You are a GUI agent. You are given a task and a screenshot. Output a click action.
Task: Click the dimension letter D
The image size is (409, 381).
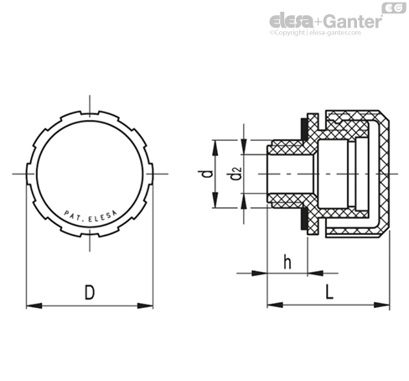(x=90, y=292)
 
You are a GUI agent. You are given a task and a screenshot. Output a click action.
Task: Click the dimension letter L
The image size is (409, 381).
(x=329, y=292)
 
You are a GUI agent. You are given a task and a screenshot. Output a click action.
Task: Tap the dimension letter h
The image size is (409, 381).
(x=287, y=262)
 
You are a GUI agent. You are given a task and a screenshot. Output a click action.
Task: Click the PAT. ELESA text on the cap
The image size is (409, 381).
(x=91, y=217)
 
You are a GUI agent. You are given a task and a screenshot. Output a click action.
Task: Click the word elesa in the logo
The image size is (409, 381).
(x=291, y=20)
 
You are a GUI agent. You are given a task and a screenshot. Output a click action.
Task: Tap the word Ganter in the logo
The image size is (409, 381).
(x=354, y=21)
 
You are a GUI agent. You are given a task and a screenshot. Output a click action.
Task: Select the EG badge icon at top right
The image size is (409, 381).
(x=394, y=8)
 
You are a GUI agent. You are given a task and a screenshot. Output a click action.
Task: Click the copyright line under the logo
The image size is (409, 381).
(x=315, y=33)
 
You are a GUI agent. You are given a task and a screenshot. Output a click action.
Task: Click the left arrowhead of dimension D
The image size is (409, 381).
(x=34, y=305)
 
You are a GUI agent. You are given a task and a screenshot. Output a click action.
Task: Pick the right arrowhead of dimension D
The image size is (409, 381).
(x=145, y=305)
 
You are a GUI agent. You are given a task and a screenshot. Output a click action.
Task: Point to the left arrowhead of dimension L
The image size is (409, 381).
(x=275, y=305)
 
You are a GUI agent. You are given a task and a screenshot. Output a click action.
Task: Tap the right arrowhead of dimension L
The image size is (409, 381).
(x=381, y=305)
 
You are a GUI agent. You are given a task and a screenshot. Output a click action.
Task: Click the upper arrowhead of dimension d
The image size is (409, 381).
(x=215, y=148)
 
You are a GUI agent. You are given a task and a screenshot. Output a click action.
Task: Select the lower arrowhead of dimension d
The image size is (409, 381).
(x=215, y=200)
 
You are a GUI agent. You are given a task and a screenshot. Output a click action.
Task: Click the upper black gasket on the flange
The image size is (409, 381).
(x=303, y=129)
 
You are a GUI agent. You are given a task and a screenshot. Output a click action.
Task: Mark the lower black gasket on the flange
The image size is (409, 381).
(x=303, y=218)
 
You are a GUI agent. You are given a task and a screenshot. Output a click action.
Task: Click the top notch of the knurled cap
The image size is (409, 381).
(x=90, y=112)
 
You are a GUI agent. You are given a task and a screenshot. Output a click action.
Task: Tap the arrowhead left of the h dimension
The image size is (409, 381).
(x=260, y=273)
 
